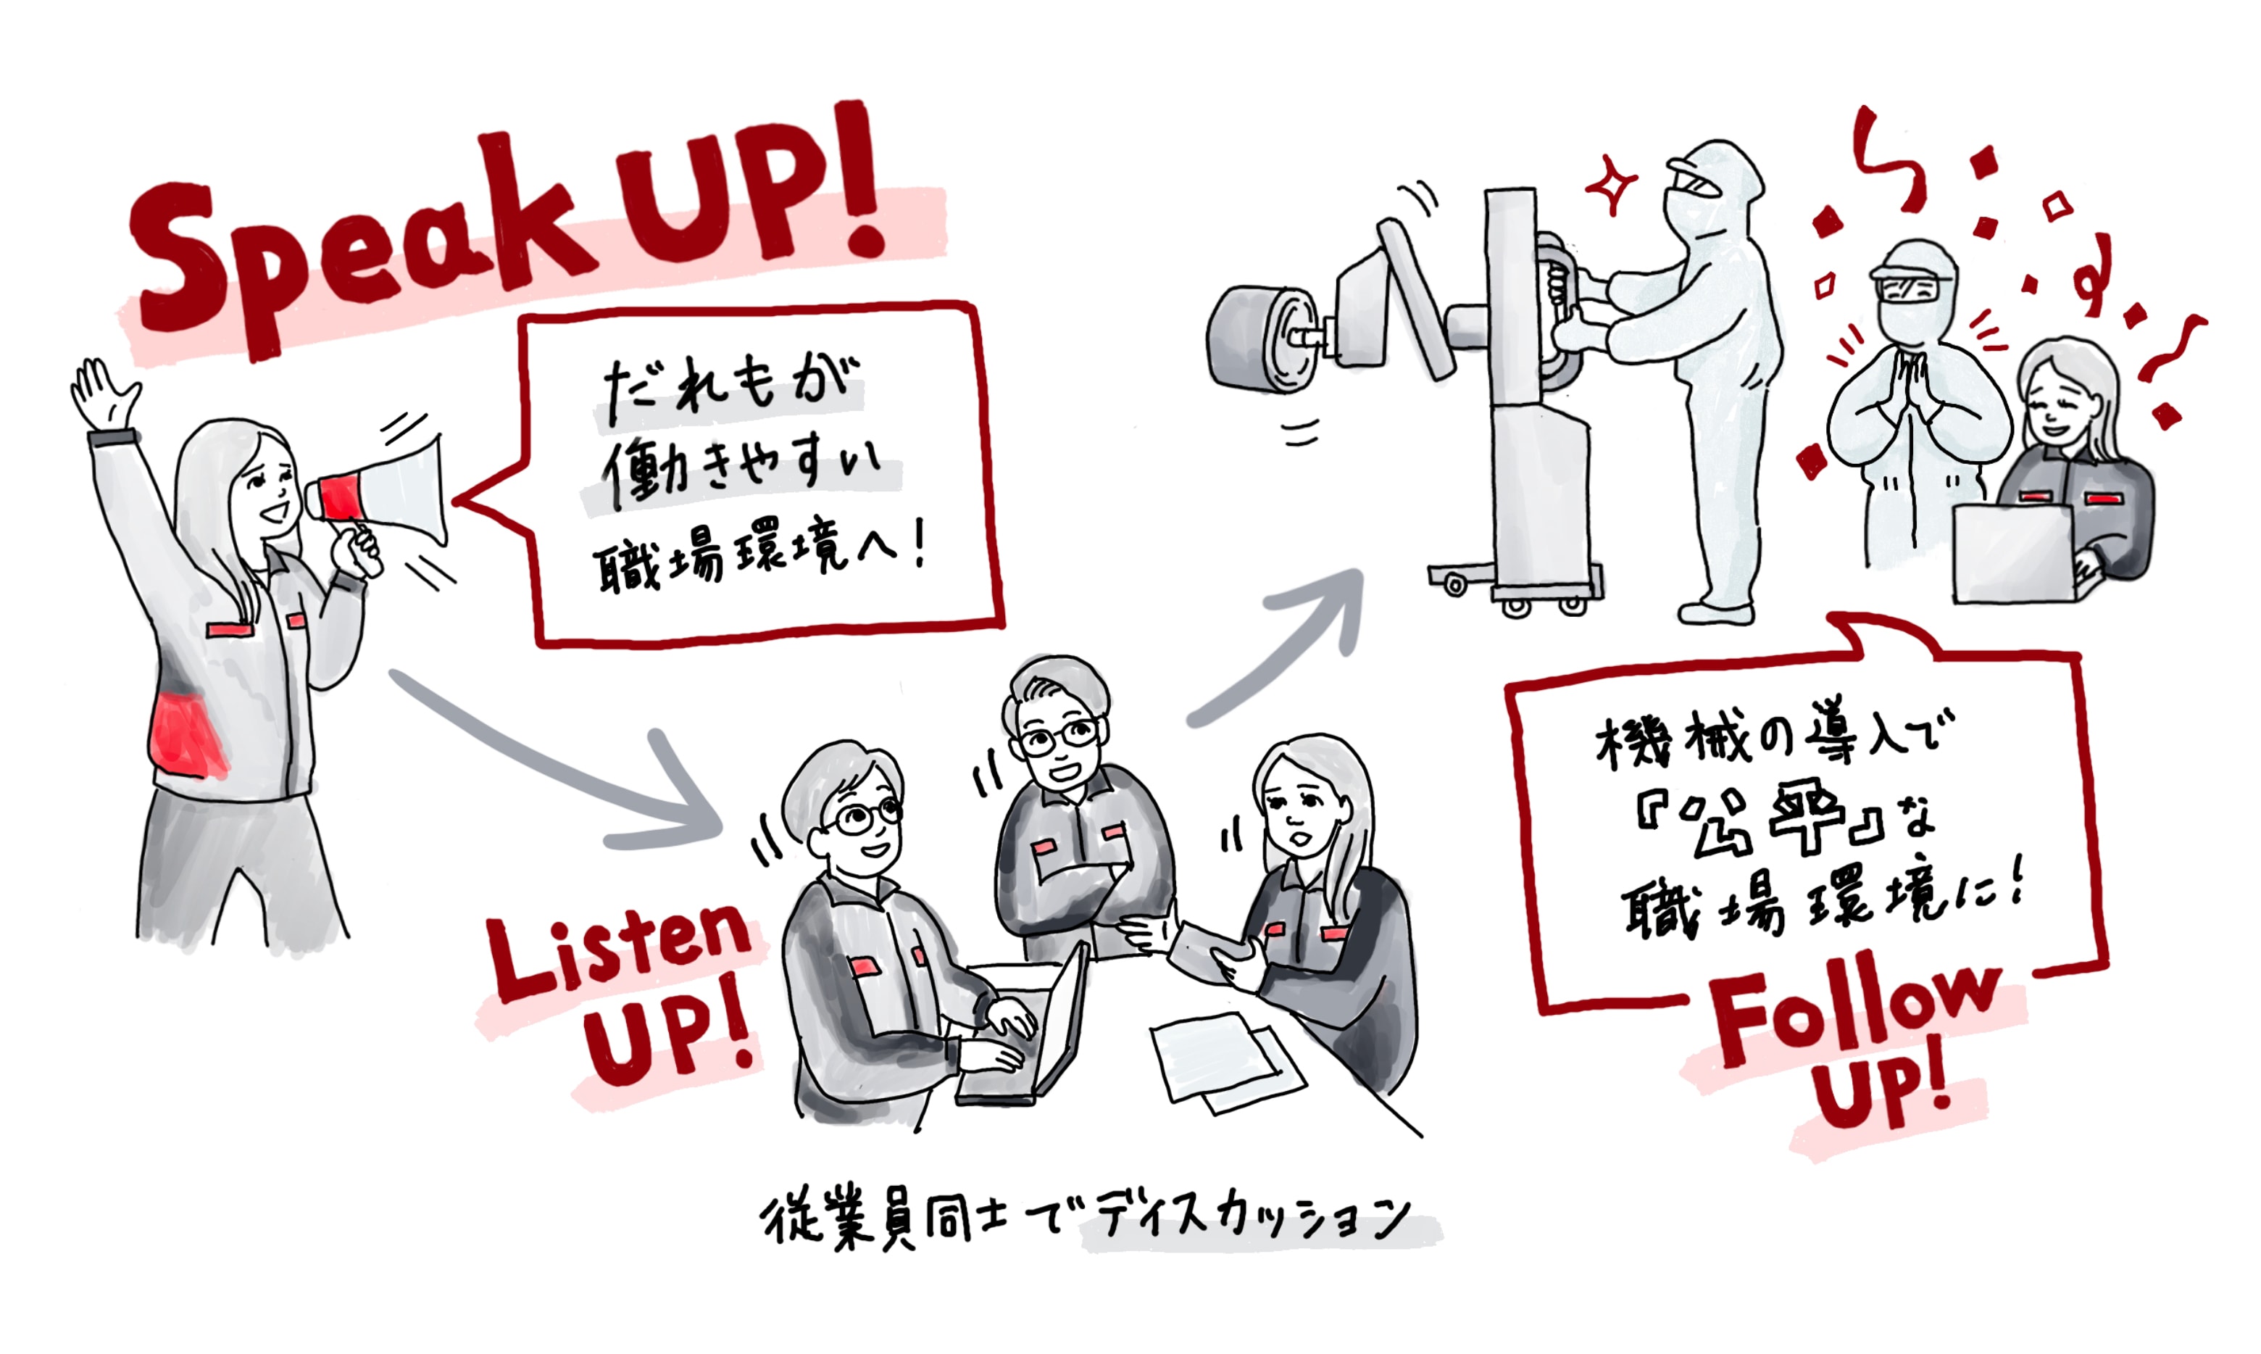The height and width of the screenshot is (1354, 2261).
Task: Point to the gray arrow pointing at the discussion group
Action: [547, 776]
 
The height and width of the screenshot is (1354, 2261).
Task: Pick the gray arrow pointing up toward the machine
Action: [1277, 648]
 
